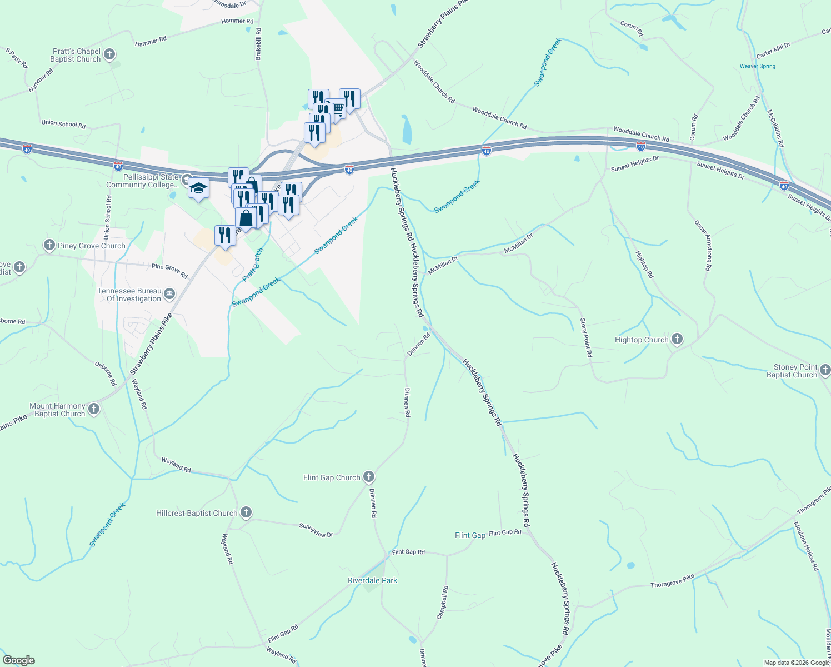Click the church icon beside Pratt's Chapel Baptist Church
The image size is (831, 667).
[x=109, y=54]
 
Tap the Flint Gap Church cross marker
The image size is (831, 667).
[x=369, y=476]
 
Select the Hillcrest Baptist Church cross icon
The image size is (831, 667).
[x=246, y=512]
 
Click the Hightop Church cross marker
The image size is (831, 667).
[x=677, y=339]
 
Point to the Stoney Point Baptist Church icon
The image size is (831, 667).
[x=825, y=370]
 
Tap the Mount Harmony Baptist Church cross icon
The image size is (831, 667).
[x=94, y=409]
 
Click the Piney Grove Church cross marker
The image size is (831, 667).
[x=49, y=245]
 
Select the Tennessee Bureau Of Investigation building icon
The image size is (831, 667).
[x=169, y=293]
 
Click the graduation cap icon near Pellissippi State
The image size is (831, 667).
[x=198, y=188]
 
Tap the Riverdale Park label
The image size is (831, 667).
[x=372, y=580]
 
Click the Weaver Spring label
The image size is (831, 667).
[x=757, y=66]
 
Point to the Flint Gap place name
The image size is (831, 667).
[x=470, y=535]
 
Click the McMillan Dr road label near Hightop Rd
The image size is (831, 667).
[x=518, y=243]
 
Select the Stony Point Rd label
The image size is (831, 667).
[x=586, y=337]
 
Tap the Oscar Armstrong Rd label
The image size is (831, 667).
[x=703, y=245]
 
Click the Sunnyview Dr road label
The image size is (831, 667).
[x=316, y=530]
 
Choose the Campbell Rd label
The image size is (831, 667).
[x=443, y=603]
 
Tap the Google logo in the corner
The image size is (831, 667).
[x=19, y=660]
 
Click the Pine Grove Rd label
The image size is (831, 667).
[x=169, y=271]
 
